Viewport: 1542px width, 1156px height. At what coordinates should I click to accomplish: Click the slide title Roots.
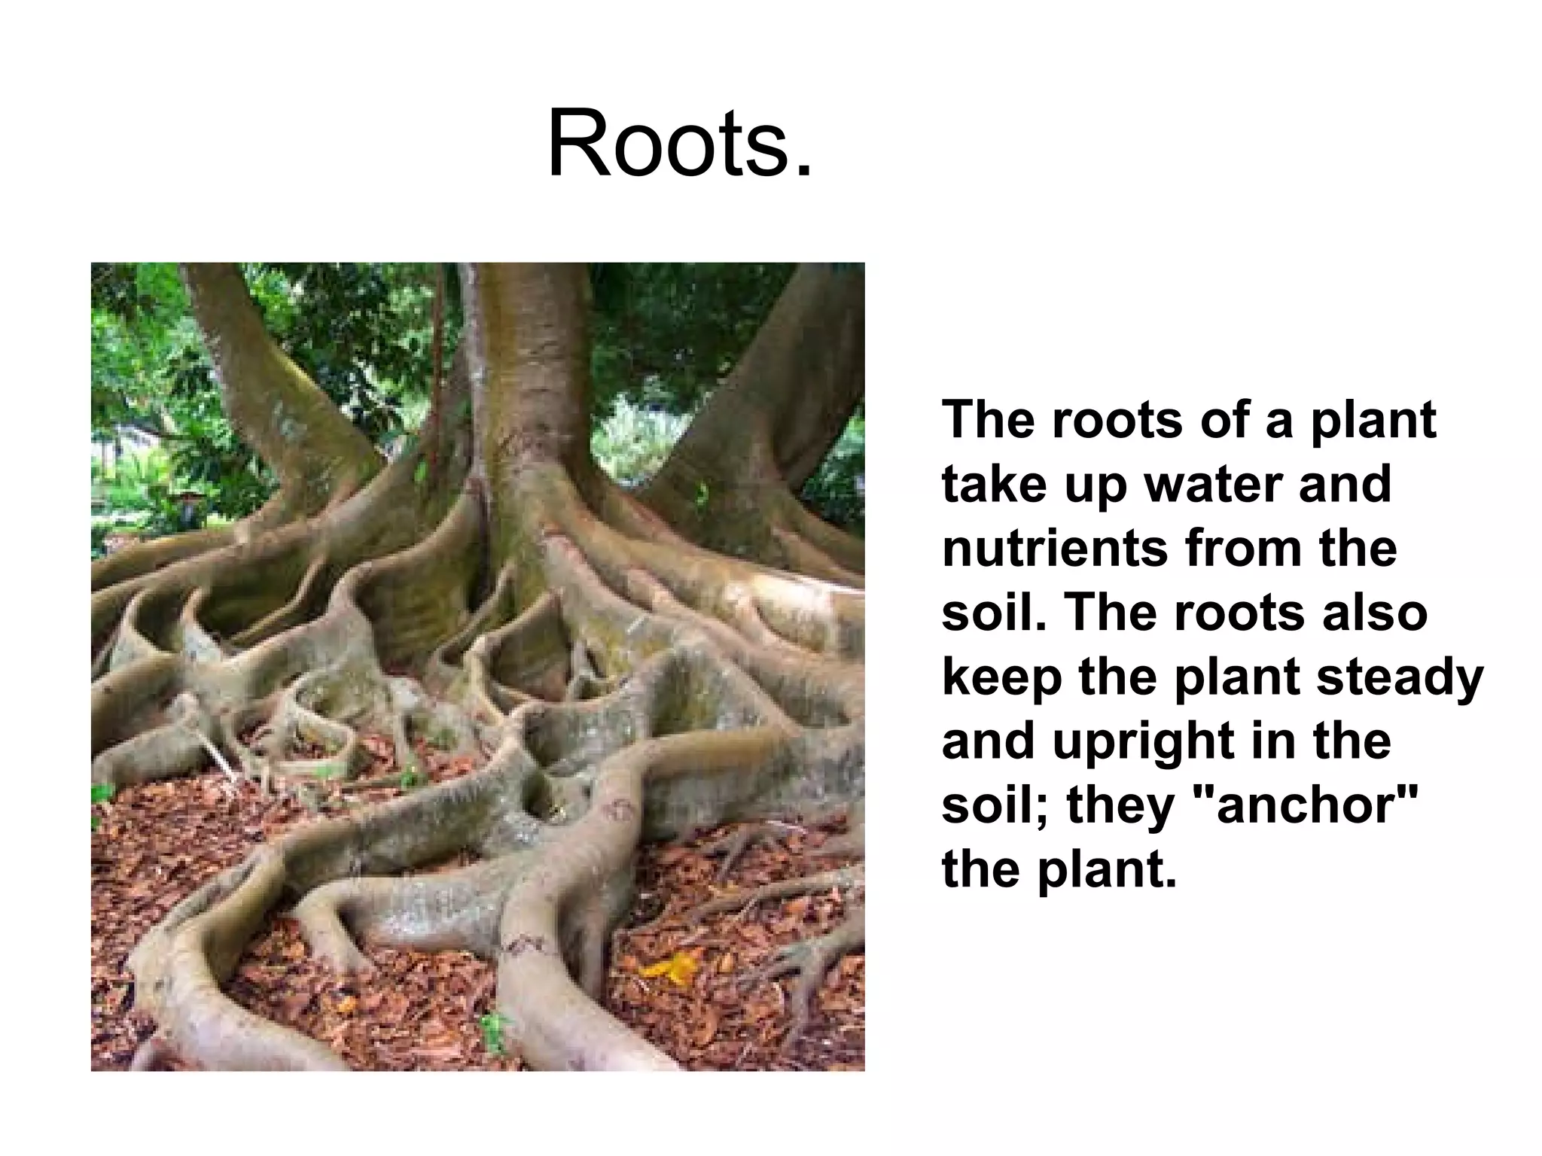click(x=680, y=144)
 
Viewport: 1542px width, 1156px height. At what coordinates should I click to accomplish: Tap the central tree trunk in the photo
click(x=527, y=376)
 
